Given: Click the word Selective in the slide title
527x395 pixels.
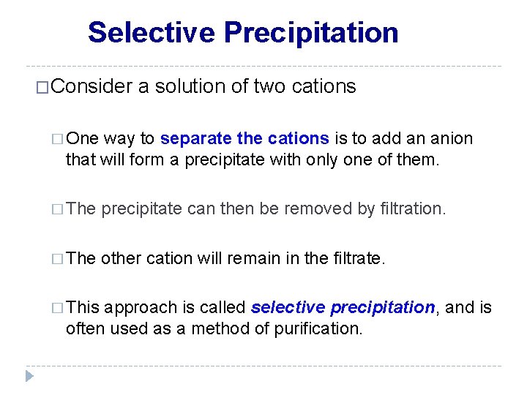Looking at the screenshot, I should pyautogui.click(x=152, y=33).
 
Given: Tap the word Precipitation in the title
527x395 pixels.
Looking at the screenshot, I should pyautogui.click(x=311, y=33).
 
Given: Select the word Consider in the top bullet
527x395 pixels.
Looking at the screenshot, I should pyautogui.click(x=91, y=87).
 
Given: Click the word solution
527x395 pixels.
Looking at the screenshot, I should pyautogui.click(x=190, y=87).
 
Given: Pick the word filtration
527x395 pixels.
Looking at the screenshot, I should pyautogui.click(x=411, y=209).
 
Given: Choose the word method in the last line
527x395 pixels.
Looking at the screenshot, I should pyautogui.click(x=217, y=328).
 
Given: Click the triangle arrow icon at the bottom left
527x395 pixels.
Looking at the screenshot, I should pyautogui.click(x=29, y=377).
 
